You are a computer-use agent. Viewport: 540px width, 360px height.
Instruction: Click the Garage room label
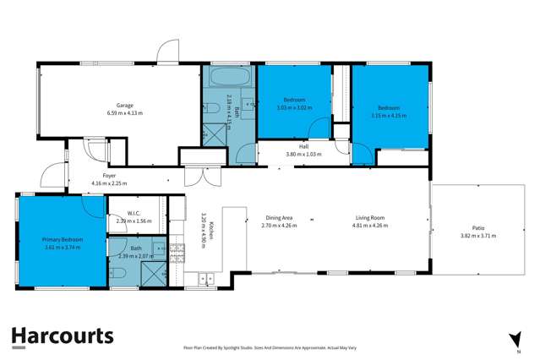(x=124, y=105)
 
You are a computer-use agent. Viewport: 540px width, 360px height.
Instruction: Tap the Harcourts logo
(x=63, y=336)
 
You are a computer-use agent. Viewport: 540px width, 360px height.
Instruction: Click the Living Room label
(x=369, y=216)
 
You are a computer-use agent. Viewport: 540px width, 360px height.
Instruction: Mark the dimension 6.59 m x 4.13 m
(x=124, y=112)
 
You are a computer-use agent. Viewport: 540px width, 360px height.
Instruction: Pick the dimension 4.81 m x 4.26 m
(x=369, y=225)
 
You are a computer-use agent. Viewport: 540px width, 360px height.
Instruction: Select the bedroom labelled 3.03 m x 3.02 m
(x=294, y=103)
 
